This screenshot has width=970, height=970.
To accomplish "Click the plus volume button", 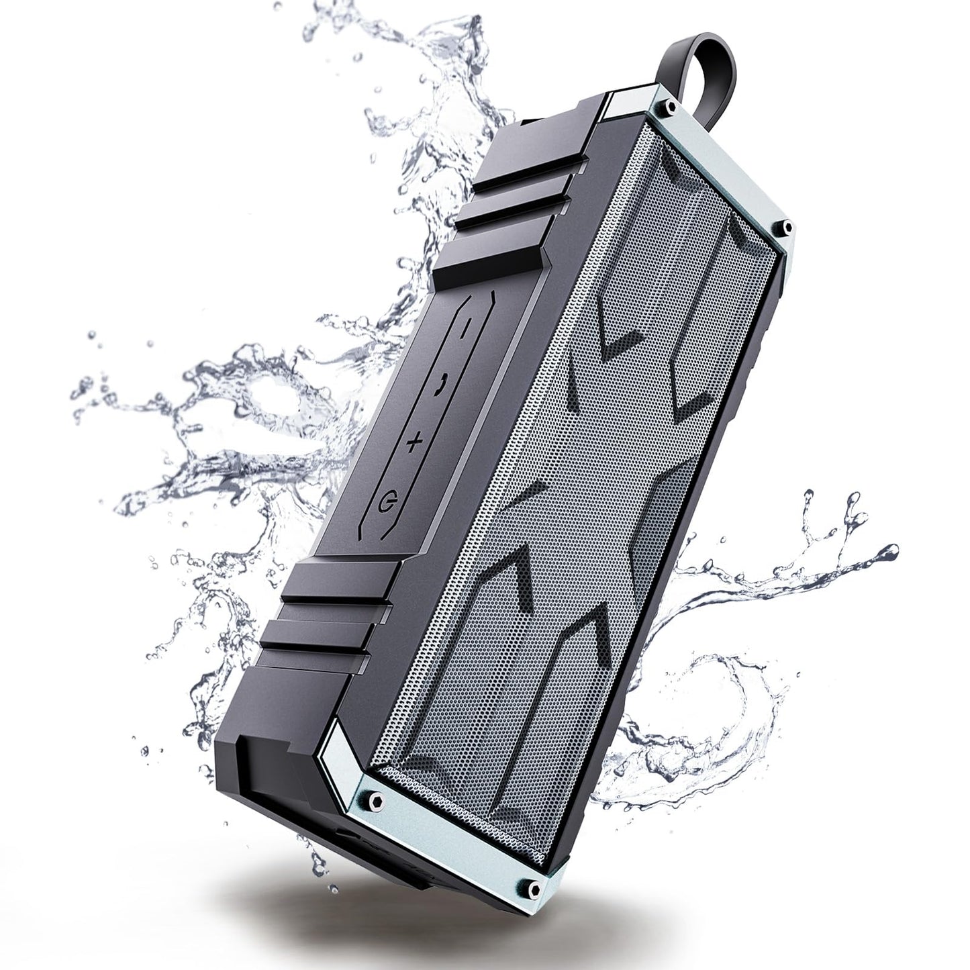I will click(416, 441).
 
